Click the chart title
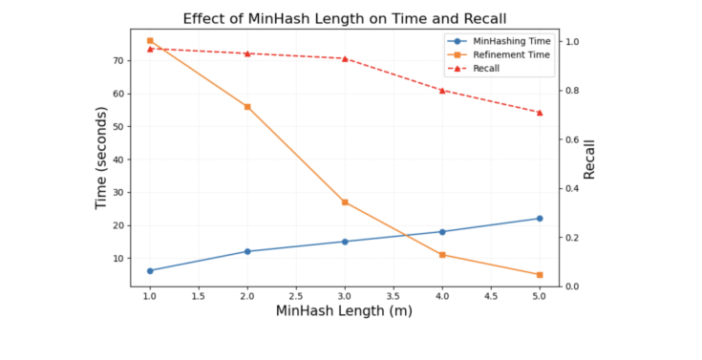coord(344,18)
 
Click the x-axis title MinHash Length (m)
coord(344,310)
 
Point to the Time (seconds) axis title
coord(101,158)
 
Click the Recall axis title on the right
coord(589,159)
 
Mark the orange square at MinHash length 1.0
coord(150,41)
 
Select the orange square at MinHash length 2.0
coord(247,107)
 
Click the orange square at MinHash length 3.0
coord(345,202)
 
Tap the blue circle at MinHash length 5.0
coord(540,219)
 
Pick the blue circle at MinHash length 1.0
coord(150,271)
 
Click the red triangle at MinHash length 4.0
coord(442,91)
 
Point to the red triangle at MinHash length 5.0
coord(540,113)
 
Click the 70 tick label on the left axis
coord(118,60)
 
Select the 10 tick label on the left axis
coord(118,259)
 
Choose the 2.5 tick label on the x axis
coord(296,297)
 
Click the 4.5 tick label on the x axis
coord(491,297)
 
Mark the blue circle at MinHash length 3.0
coord(345,242)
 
